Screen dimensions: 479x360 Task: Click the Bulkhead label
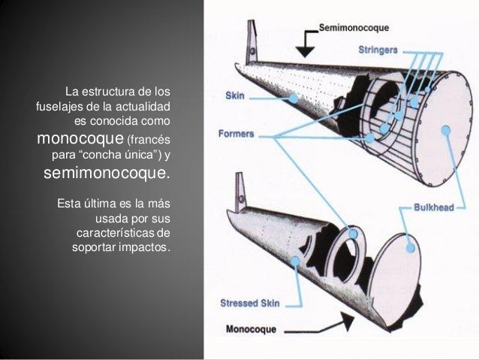[x=435, y=207]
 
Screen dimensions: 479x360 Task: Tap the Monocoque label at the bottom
[x=252, y=328]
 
